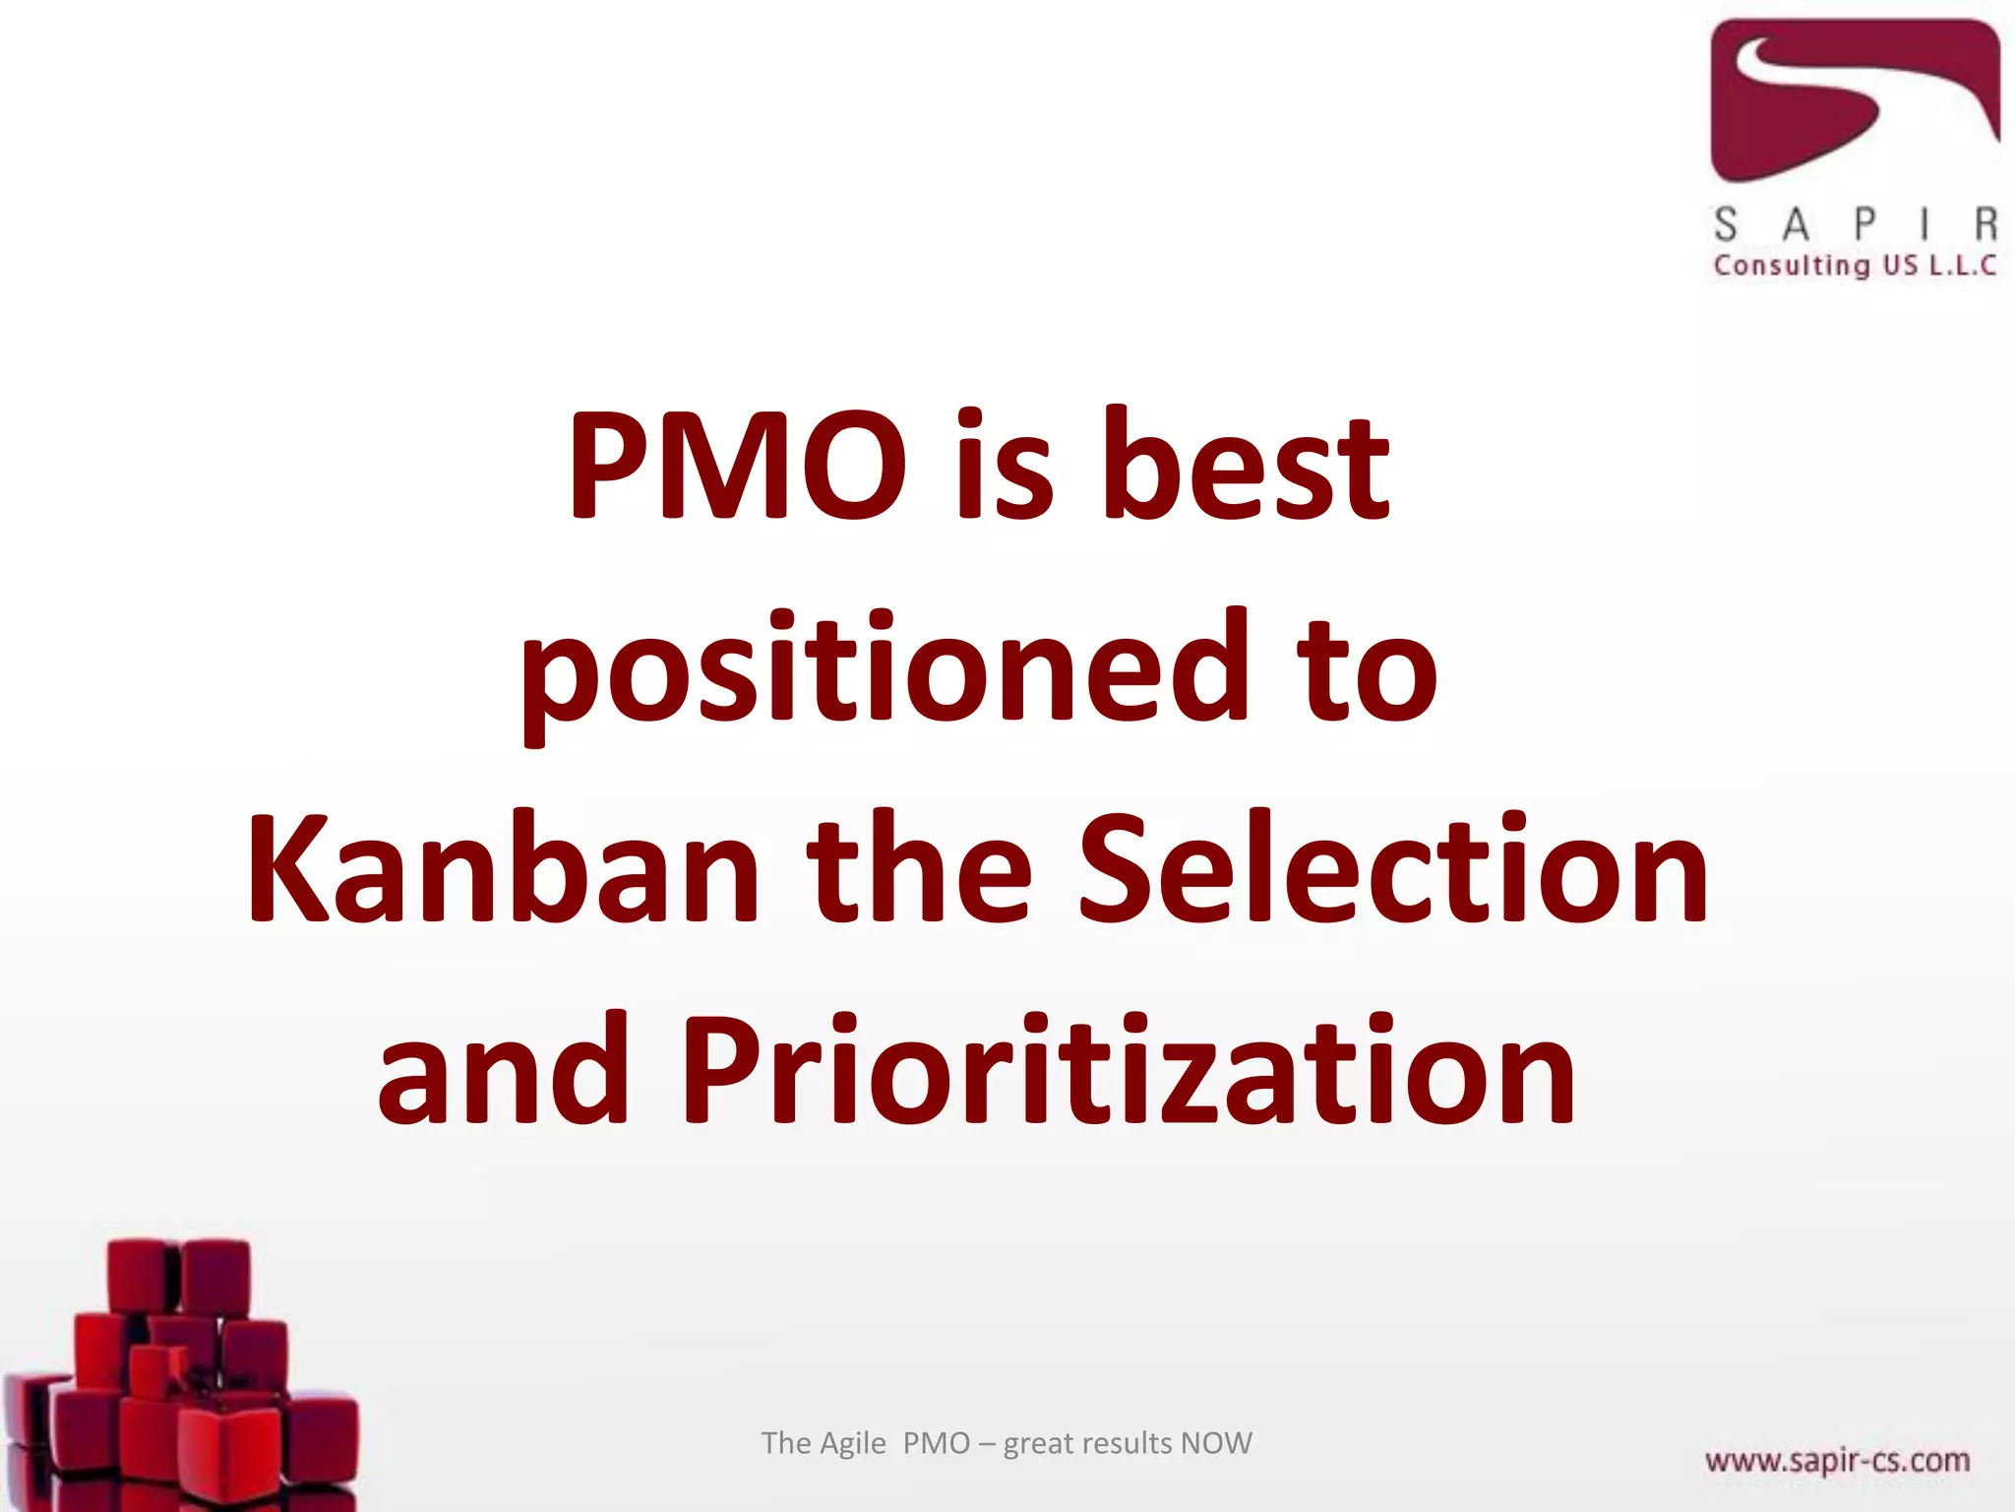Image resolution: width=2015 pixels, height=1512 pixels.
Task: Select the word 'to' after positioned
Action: pos(1368,670)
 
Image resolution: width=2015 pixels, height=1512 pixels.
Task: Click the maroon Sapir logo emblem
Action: pos(1854,98)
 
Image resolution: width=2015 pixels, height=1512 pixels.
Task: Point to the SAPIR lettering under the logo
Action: pos(1855,224)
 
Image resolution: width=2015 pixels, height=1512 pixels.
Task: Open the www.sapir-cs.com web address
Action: pos(1837,1460)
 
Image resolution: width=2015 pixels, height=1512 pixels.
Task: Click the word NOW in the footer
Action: pos(1216,1443)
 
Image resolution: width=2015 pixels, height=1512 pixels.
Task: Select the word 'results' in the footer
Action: pos(1128,1443)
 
